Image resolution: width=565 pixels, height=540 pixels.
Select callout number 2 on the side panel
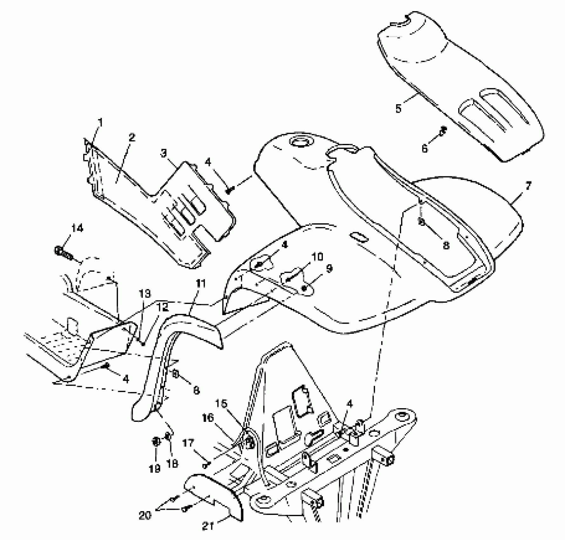point(132,138)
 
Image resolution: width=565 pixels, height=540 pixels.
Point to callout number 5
point(398,108)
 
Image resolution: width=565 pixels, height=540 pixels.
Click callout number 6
point(425,148)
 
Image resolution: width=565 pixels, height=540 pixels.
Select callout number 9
point(329,269)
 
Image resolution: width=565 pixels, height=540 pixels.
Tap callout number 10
point(318,256)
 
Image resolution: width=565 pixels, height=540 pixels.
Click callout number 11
point(201,283)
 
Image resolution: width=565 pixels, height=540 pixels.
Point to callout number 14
point(77,228)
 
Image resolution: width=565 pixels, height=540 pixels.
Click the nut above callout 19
point(156,442)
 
